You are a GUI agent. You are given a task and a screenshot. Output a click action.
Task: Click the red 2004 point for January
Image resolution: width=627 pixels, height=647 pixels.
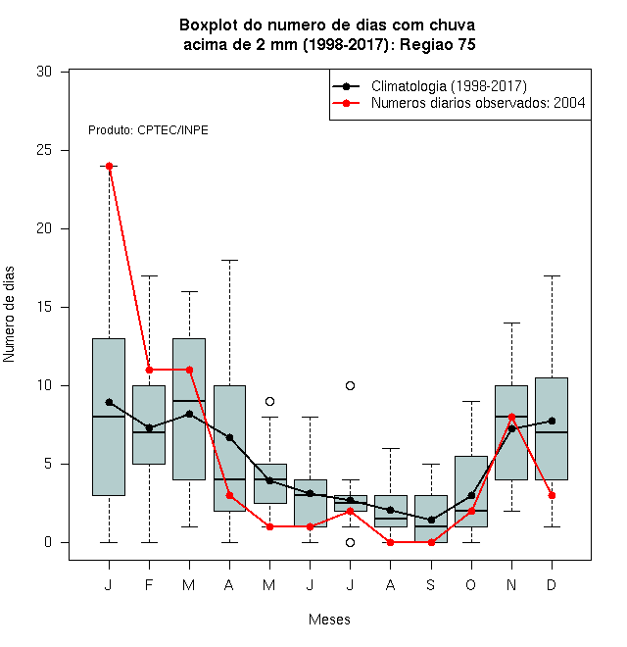coord(109,166)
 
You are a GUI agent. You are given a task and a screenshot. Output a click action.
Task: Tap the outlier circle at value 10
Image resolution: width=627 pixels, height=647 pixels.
coord(350,386)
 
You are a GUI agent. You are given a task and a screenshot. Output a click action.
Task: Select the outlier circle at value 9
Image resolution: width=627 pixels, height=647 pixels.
coord(269,401)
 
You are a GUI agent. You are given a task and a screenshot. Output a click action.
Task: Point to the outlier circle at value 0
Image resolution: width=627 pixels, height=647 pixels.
coord(350,543)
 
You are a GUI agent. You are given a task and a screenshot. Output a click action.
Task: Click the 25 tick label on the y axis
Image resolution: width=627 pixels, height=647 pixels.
coord(44,150)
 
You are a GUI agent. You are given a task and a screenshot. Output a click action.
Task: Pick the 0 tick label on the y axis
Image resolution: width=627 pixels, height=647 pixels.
coord(48,542)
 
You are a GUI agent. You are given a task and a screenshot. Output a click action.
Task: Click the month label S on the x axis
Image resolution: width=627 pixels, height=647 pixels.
coord(431,584)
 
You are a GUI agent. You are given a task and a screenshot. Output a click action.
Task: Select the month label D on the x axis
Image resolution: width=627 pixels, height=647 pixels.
coord(552,584)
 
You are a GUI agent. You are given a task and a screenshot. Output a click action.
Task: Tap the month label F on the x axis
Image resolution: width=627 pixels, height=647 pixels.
coord(149,584)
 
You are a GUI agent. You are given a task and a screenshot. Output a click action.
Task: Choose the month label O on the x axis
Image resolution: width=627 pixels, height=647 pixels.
coord(470,584)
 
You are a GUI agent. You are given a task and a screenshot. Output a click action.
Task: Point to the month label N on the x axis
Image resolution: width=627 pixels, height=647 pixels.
coord(511,584)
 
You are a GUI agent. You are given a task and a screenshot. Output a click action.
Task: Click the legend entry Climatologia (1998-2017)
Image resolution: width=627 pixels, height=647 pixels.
coord(429,86)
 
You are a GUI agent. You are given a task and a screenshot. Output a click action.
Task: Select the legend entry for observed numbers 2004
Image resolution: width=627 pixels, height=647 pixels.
coord(458,103)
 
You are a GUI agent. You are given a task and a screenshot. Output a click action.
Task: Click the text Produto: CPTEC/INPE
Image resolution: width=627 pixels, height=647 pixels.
coord(148,130)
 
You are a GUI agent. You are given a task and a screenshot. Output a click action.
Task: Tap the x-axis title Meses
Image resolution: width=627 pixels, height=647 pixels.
coord(329,620)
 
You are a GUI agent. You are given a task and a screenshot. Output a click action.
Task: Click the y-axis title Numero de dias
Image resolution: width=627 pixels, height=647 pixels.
coord(9,315)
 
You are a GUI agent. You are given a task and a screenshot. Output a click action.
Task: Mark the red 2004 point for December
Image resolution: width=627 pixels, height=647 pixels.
coord(552,496)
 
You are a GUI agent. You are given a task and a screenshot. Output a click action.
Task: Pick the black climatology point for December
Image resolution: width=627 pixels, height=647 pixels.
coord(552,421)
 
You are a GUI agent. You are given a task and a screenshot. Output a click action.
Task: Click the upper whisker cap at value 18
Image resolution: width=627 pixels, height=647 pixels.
coord(230,261)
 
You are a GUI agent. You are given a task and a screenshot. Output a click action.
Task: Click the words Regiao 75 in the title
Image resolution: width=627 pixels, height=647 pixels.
coord(437,44)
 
